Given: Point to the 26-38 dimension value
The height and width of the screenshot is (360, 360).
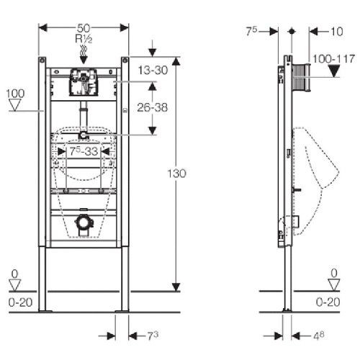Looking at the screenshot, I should pos(153,107).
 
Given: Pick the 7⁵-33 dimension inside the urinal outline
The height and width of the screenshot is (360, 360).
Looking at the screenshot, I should pos(84,151).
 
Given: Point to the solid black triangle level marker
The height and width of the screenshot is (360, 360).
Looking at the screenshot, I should pos(333,71).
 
